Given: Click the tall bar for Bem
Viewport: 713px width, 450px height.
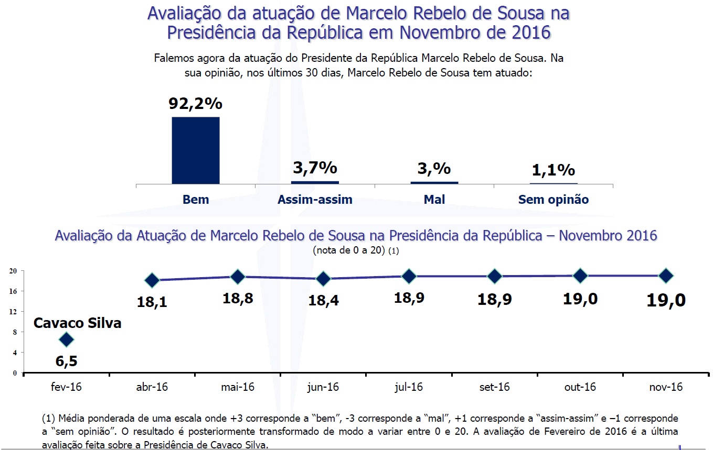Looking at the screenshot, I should pos(196,150).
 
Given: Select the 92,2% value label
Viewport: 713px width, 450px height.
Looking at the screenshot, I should pos(195,103).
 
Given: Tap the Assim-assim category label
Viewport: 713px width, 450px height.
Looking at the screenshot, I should pos(315,200).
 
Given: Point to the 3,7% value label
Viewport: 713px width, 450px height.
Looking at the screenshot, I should pos(315,168).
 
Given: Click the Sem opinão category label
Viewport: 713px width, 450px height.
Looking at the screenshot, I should pos(554,200).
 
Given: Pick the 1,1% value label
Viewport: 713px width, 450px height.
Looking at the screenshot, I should pos(554,170).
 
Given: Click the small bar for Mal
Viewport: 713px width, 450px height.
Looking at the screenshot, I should pos(434,182).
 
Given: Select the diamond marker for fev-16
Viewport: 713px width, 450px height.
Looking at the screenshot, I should pos(66,339).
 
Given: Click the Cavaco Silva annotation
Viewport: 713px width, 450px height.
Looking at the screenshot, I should pos(77,323).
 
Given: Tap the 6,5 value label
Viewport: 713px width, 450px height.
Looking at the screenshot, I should pos(66,361).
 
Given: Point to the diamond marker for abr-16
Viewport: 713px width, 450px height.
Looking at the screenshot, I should pos(152,280).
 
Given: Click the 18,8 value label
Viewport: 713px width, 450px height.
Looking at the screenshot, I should pos(238,298).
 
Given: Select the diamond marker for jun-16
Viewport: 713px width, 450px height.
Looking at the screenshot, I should pos(323,279).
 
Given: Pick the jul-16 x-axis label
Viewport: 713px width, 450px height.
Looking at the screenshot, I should pos(408,387).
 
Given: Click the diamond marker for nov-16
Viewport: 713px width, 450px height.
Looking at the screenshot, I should pos(666,276).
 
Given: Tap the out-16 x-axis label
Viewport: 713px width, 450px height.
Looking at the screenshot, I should pos(580,387).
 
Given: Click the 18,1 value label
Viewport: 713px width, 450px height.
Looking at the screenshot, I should pos(152,302).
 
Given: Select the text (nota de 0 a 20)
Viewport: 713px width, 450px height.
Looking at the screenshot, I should pos(349,250).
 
